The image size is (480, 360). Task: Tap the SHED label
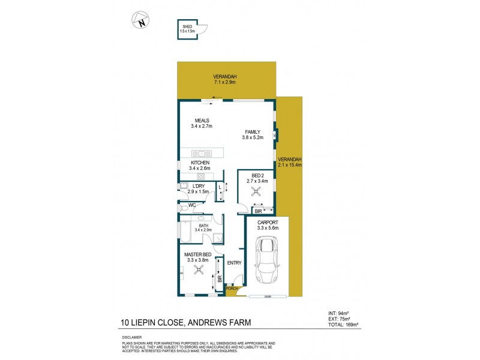point(187,26)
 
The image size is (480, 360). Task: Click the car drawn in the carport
point(266,261)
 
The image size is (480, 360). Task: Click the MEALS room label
point(201,120)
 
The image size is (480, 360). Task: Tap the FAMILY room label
point(251,131)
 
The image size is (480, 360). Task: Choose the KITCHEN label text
point(200,163)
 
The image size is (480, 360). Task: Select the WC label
point(193,205)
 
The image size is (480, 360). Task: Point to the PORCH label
point(232,289)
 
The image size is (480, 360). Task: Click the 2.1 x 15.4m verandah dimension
point(290,164)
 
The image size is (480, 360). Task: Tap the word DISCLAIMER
point(131,337)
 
